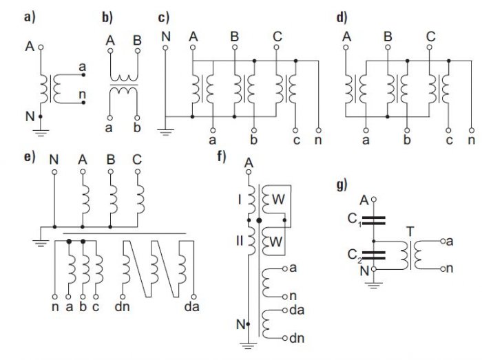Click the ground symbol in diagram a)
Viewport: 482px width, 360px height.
point(41,133)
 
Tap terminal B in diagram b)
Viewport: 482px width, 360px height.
point(138,50)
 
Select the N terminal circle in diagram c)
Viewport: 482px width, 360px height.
point(165,47)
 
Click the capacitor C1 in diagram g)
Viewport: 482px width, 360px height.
point(373,220)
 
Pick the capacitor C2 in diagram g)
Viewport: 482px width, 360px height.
point(373,255)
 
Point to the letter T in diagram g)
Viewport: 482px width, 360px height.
point(410,231)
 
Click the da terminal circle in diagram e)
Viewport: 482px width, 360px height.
point(193,297)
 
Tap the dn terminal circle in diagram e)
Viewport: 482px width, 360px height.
point(123,297)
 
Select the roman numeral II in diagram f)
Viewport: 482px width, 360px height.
point(240,241)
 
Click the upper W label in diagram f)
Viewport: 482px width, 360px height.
point(278,200)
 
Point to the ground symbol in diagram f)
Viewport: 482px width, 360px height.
point(248,346)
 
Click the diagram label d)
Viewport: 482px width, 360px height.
point(342,18)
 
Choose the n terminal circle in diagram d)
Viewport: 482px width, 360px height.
point(471,130)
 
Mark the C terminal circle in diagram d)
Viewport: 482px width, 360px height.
point(430,47)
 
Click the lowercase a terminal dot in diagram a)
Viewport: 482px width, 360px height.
point(83,74)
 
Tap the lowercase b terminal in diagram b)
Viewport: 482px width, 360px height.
point(138,118)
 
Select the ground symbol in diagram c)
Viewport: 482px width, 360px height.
point(165,133)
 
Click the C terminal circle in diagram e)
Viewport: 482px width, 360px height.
point(138,171)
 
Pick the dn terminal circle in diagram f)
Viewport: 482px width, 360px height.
point(285,338)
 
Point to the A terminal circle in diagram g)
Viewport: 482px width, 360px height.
point(373,200)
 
